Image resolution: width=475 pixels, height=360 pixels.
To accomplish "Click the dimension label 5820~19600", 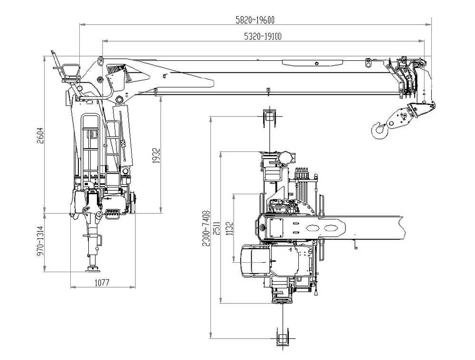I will pyautogui.click(x=256, y=19).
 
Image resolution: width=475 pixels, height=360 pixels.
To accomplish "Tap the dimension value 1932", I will pyautogui.click(x=157, y=155).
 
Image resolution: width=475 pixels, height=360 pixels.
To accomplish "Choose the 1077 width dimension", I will pyautogui.click(x=102, y=283).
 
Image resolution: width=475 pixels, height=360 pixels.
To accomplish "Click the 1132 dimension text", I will pyautogui.click(x=229, y=229).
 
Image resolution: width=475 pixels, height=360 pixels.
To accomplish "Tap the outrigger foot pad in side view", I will pyautogui.click(x=91, y=270).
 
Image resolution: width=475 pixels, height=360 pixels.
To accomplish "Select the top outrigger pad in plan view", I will pyautogui.click(x=269, y=116).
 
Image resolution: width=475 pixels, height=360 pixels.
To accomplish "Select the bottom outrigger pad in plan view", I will pyautogui.click(x=283, y=339).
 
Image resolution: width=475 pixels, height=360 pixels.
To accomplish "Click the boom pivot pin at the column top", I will pyautogui.click(x=119, y=99).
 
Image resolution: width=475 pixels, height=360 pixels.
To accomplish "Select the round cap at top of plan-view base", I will pyautogui.click(x=286, y=157).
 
